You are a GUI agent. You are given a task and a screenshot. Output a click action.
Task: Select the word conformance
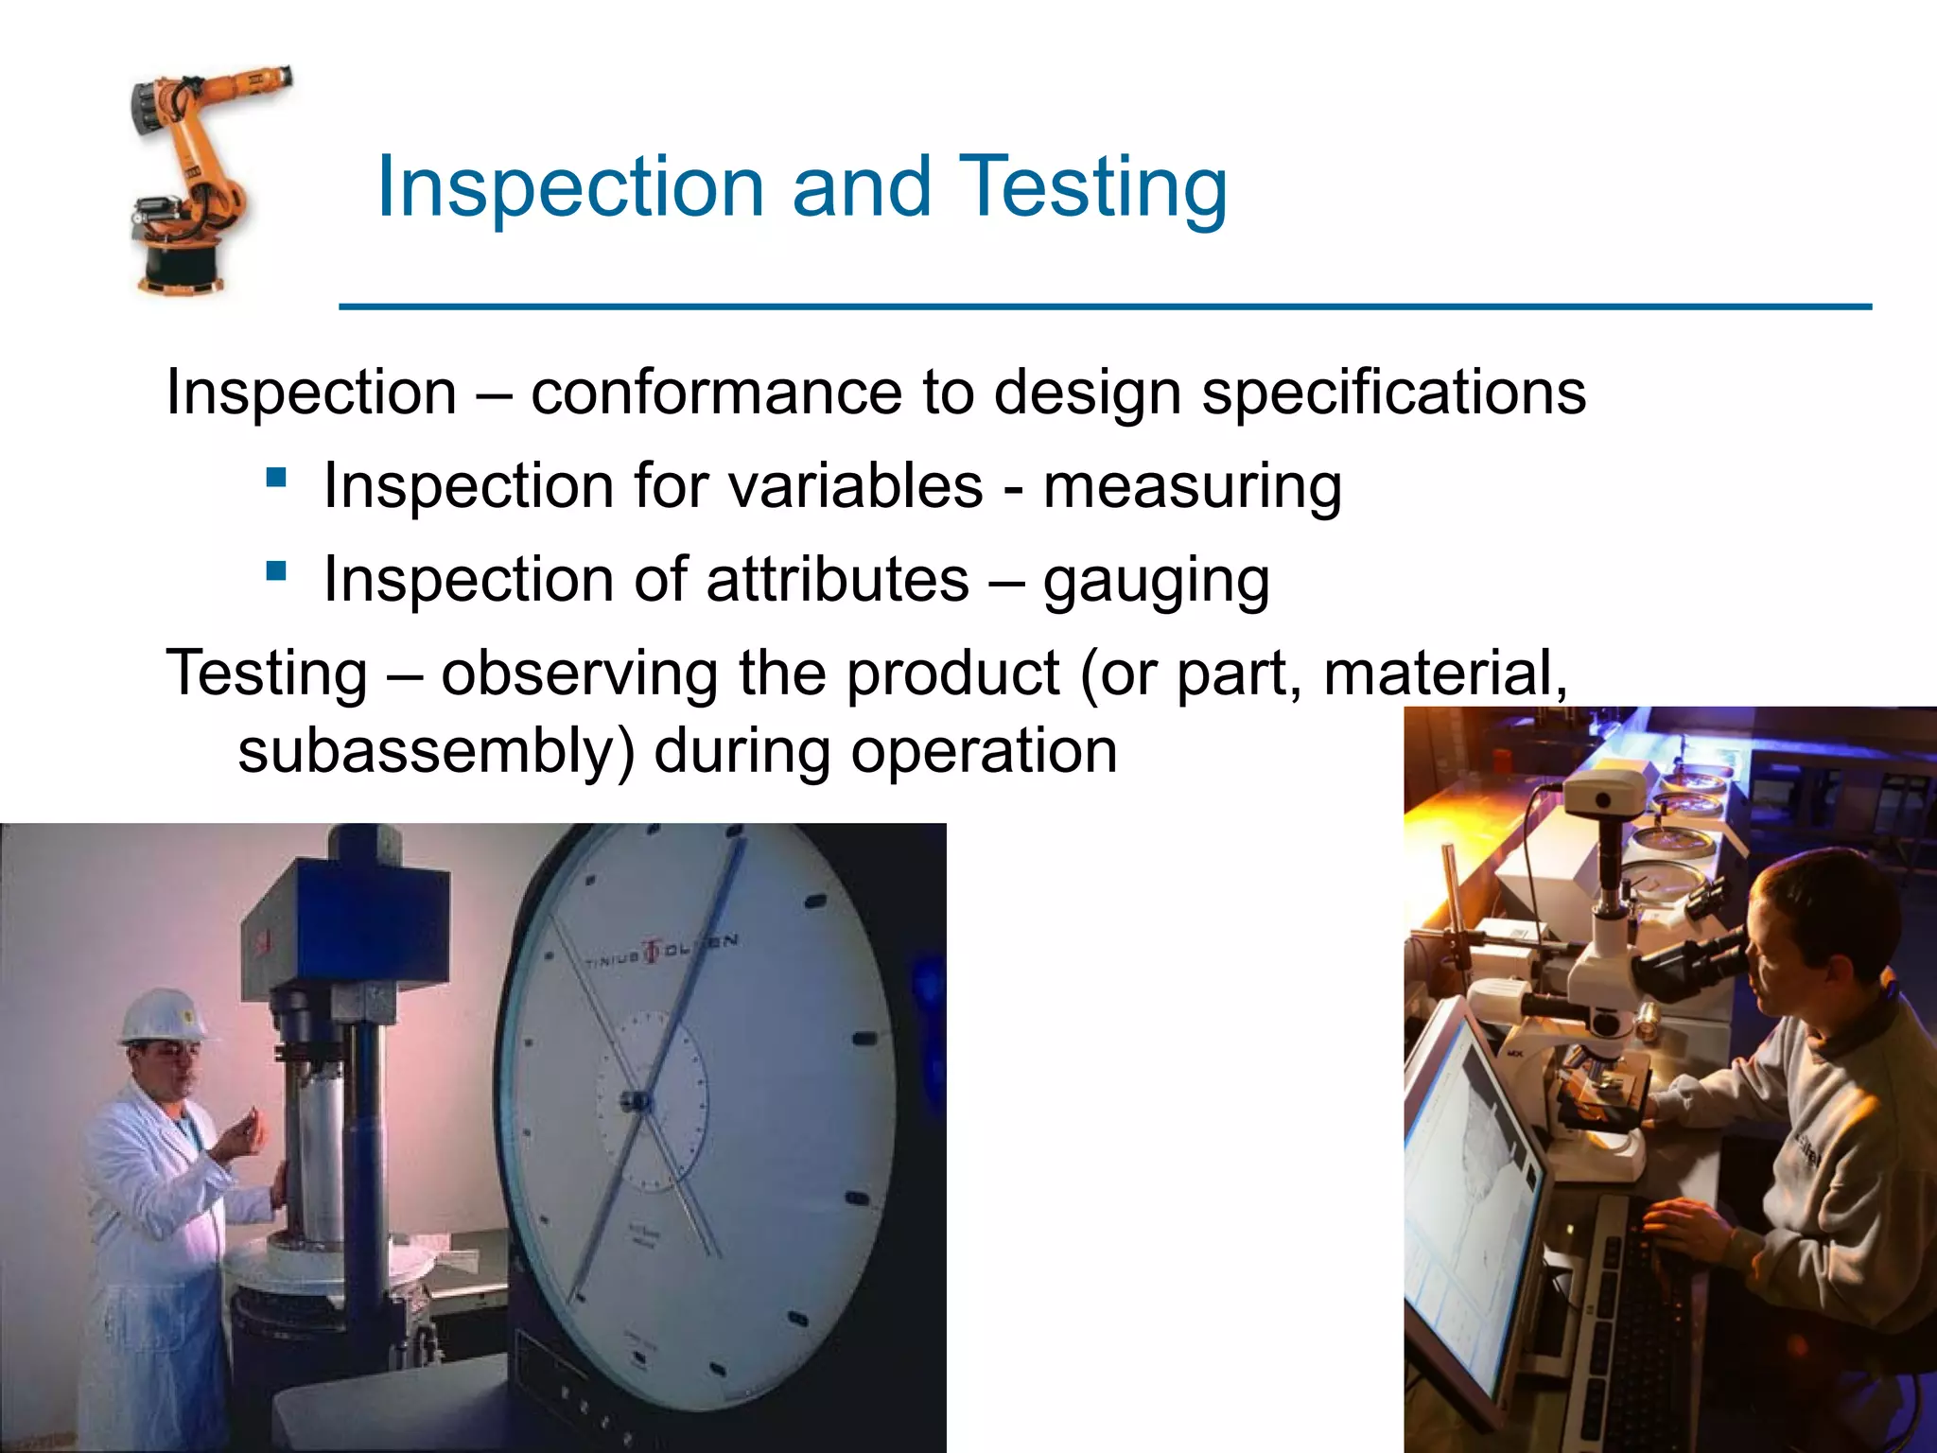[x=716, y=393]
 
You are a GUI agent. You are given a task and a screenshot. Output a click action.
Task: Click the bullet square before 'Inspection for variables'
[x=276, y=477]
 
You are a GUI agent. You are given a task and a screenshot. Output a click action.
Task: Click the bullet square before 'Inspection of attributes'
[x=276, y=570]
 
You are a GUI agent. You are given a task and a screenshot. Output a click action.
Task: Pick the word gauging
[x=1156, y=582]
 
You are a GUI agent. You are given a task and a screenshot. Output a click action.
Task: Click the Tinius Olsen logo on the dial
[x=653, y=952]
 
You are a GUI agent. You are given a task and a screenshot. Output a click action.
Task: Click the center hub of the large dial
[x=636, y=1100]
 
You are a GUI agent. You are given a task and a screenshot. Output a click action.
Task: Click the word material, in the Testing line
[x=1444, y=674]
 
